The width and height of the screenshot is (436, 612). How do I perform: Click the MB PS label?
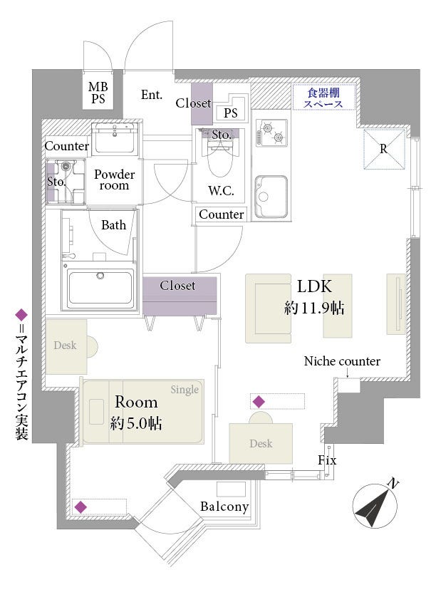click(x=98, y=93)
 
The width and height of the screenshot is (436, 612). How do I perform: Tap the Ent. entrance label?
click(x=152, y=95)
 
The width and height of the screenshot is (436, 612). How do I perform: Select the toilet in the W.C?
click(x=220, y=158)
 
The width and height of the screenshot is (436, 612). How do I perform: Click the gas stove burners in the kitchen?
click(x=271, y=133)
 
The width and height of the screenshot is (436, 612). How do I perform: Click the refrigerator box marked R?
click(x=384, y=149)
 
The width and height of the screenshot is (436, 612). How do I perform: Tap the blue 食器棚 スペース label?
click(x=323, y=98)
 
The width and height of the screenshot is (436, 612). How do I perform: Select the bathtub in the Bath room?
click(x=100, y=289)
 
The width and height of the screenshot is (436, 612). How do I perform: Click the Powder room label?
click(x=114, y=180)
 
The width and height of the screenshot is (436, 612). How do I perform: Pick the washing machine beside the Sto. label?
click(x=66, y=181)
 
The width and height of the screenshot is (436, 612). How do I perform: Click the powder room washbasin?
click(x=115, y=138)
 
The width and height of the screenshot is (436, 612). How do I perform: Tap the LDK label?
click(x=314, y=286)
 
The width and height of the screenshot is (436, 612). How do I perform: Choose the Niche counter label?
click(x=342, y=361)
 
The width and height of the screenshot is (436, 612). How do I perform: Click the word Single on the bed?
click(x=185, y=390)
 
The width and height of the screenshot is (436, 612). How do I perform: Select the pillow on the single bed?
click(x=96, y=412)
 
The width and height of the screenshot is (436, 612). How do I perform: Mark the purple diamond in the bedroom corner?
click(x=81, y=507)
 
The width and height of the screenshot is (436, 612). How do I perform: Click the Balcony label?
click(x=224, y=507)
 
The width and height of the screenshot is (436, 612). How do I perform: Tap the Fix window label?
click(x=327, y=460)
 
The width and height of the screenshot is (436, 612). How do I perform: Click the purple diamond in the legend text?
click(x=21, y=315)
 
